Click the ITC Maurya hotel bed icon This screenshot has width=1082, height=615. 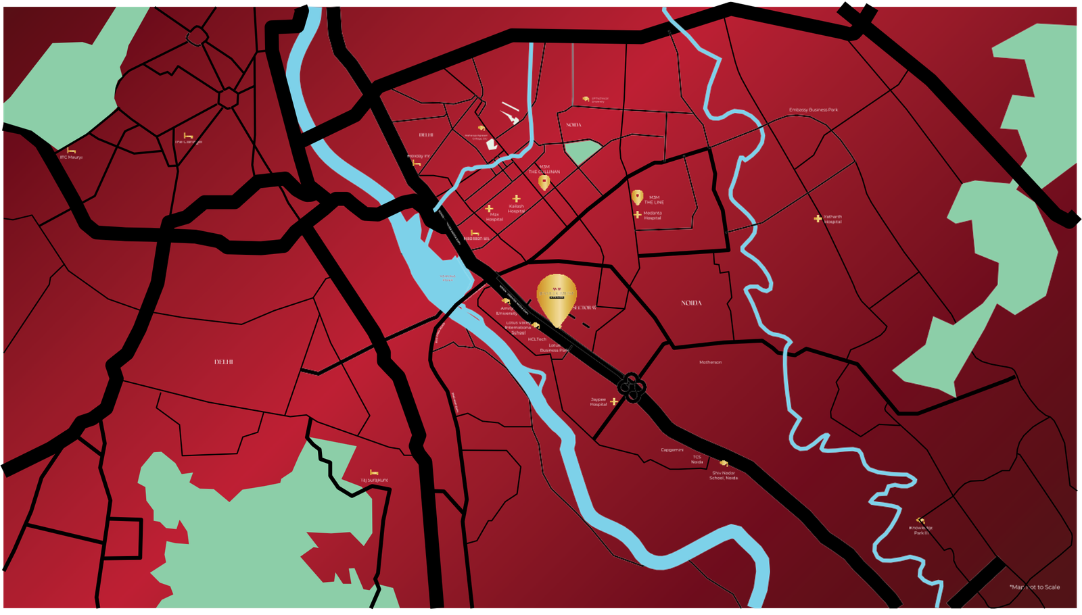[x=71, y=150]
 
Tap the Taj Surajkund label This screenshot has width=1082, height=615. [x=374, y=480]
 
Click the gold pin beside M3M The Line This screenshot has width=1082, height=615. [x=637, y=197]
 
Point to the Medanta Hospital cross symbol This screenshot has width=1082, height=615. [x=637, y=215]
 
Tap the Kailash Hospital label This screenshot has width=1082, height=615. [x=517, y=209]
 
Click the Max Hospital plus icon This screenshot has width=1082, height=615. [x=490, y=210]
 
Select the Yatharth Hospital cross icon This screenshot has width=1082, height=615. [x=818, y=219]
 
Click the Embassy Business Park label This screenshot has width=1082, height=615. [x=813, y=110]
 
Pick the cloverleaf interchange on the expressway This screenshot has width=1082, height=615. [x=632, y=387]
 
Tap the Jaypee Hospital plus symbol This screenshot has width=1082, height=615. [x=614, y=401]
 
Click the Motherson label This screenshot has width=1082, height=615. [x=710, y=362]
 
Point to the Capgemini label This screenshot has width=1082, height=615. [x=672, y=450]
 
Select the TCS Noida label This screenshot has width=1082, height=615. [x=697, y=460]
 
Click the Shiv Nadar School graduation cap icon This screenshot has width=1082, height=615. [x=724, y=464]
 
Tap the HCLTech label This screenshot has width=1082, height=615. [x=537, y=339]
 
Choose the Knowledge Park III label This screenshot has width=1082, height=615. [x=921, y=531]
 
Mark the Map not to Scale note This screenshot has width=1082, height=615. [x=1035, y=587]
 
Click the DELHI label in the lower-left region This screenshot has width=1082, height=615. [x=224, y=362]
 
